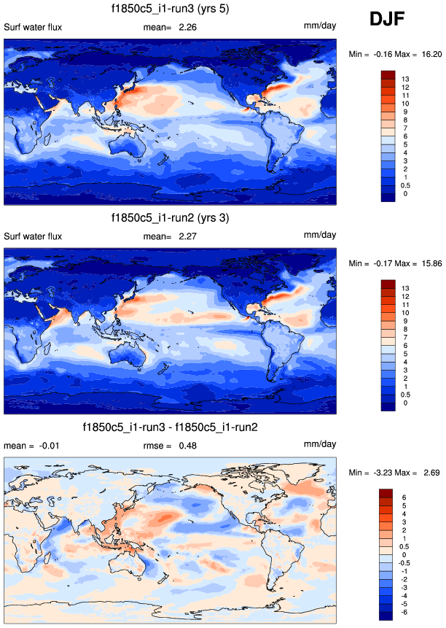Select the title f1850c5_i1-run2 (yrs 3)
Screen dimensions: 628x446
170,218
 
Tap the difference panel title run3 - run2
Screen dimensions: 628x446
170,427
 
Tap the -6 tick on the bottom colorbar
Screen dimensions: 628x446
404,611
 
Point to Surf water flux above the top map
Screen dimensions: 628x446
33,28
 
